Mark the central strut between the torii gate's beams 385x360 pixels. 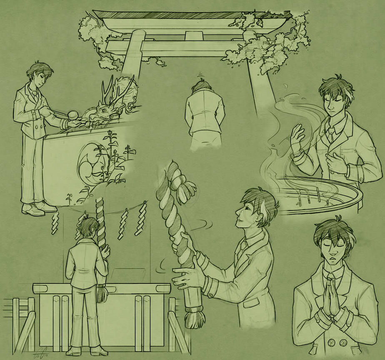pyautogui.click(x=191, y=35)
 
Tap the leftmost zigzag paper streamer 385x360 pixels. pyautogui.click(x=55, y=219)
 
